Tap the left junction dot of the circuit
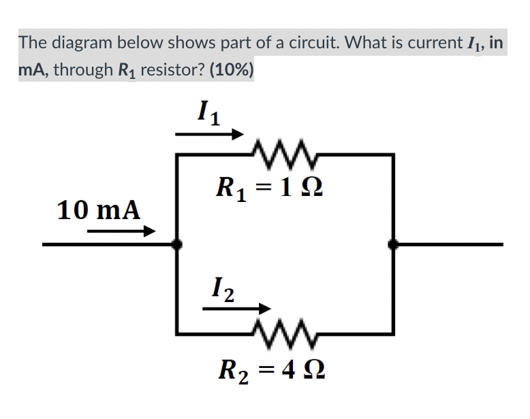[x=176, y=244]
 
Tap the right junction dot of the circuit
[x=392, y=244]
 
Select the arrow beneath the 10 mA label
[x=121, y=232]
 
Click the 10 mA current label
[x=99, y=209]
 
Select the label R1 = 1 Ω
[x=266, y=186]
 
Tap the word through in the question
[x=82, y=70]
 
